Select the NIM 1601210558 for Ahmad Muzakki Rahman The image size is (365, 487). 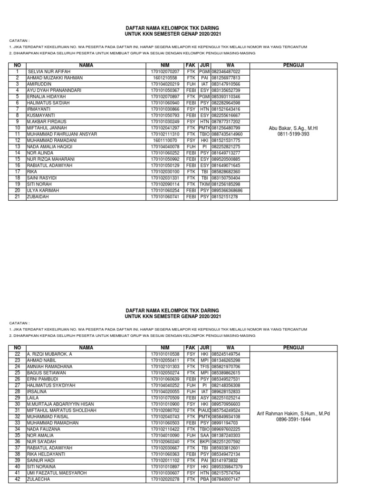[x=165, y=78]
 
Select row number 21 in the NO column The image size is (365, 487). [x=17, y=196]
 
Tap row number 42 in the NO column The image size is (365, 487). [x=17, y=479]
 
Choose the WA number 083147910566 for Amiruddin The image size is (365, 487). [x=226, y=84]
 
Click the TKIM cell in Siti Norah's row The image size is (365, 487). [x=204, y=184]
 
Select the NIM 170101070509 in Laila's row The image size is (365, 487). [x=165, y=398]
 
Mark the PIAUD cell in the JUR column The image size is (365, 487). [x=204, y=410]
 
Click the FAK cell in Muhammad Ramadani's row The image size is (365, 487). [x=191, y=140]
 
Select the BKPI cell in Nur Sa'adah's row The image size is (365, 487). [x=204, y=441]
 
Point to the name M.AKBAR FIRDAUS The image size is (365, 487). [x=47, y=121]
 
